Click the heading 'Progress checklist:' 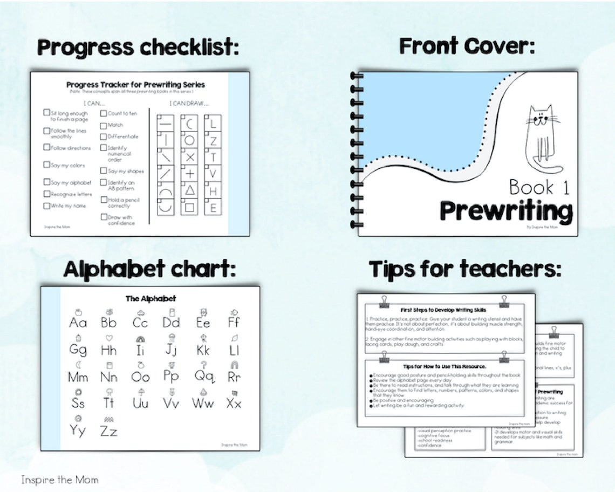(138, 47)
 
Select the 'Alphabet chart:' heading (149, 269)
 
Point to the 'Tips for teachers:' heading (465, 269)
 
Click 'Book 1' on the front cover (539, 187)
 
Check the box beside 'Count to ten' (104, 113)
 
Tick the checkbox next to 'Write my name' (46, 206)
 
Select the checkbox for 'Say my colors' (46, 165)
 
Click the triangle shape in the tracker (190, 189)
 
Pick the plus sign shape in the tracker (190, 174)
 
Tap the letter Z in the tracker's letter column (214, 141)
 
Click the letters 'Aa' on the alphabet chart (78, 323)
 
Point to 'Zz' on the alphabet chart (108, 430)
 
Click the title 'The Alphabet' (151, 298)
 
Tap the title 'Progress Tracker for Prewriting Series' (135, 85)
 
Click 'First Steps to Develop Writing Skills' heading (443, 310)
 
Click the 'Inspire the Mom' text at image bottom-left (60, 479)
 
